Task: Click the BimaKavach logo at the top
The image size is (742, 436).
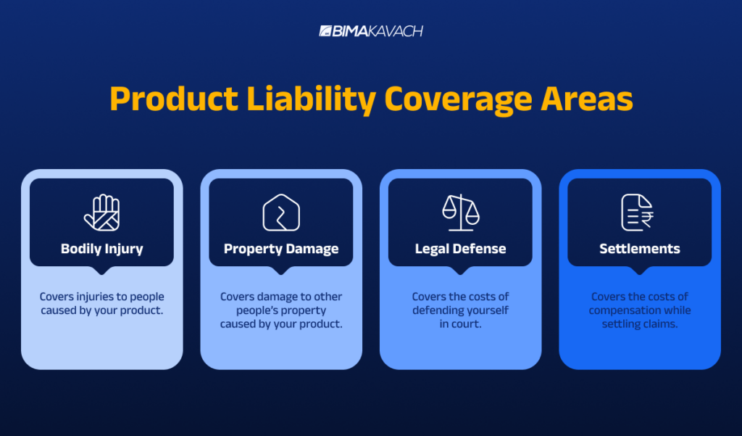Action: pyautogui.click(x=370, y=31)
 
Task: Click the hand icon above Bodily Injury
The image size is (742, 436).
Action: pyautogui.click(x=101, y=212)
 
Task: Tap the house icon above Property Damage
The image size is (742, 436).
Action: pyautogui.click(x=281, y=213)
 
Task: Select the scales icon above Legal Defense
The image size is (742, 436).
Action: pyautogui.click(x=461, y=212)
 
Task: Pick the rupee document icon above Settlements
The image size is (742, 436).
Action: pyautogui.click(x=638, y=213)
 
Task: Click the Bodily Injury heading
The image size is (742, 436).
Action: pyautogui.click(x=101, y=249)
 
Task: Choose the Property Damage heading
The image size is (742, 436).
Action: pyautogui.click(x=281, y=249)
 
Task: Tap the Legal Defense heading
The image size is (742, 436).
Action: pyautogui.click(x=460, y=249)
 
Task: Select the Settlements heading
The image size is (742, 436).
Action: pyautogui.click(x=639, y=249)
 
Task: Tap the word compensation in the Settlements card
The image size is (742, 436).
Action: pyautogui.click(x=624, y=310)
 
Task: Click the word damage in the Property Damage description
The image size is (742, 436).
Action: pyautogui.click(x=278, y=297)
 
